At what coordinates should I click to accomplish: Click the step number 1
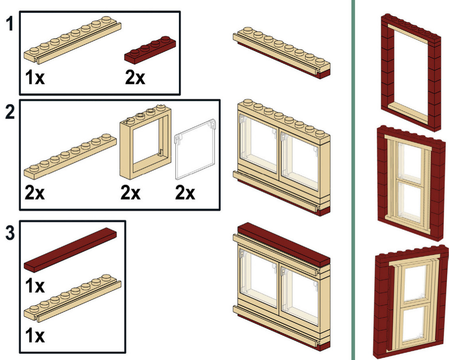coord(10,23)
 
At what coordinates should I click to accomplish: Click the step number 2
coord(10,112)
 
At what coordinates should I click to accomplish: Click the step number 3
coord(10,232)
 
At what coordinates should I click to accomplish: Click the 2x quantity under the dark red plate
coord(135,77)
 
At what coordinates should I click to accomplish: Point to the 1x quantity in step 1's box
coord(35,77)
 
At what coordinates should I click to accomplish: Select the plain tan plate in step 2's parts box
coord(70,156)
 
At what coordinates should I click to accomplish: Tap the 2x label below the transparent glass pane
coord(185,193)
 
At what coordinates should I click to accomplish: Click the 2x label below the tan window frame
coord(131,193)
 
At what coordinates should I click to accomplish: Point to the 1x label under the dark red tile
coord(35,286)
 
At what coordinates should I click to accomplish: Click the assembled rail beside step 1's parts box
coord(282,53)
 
